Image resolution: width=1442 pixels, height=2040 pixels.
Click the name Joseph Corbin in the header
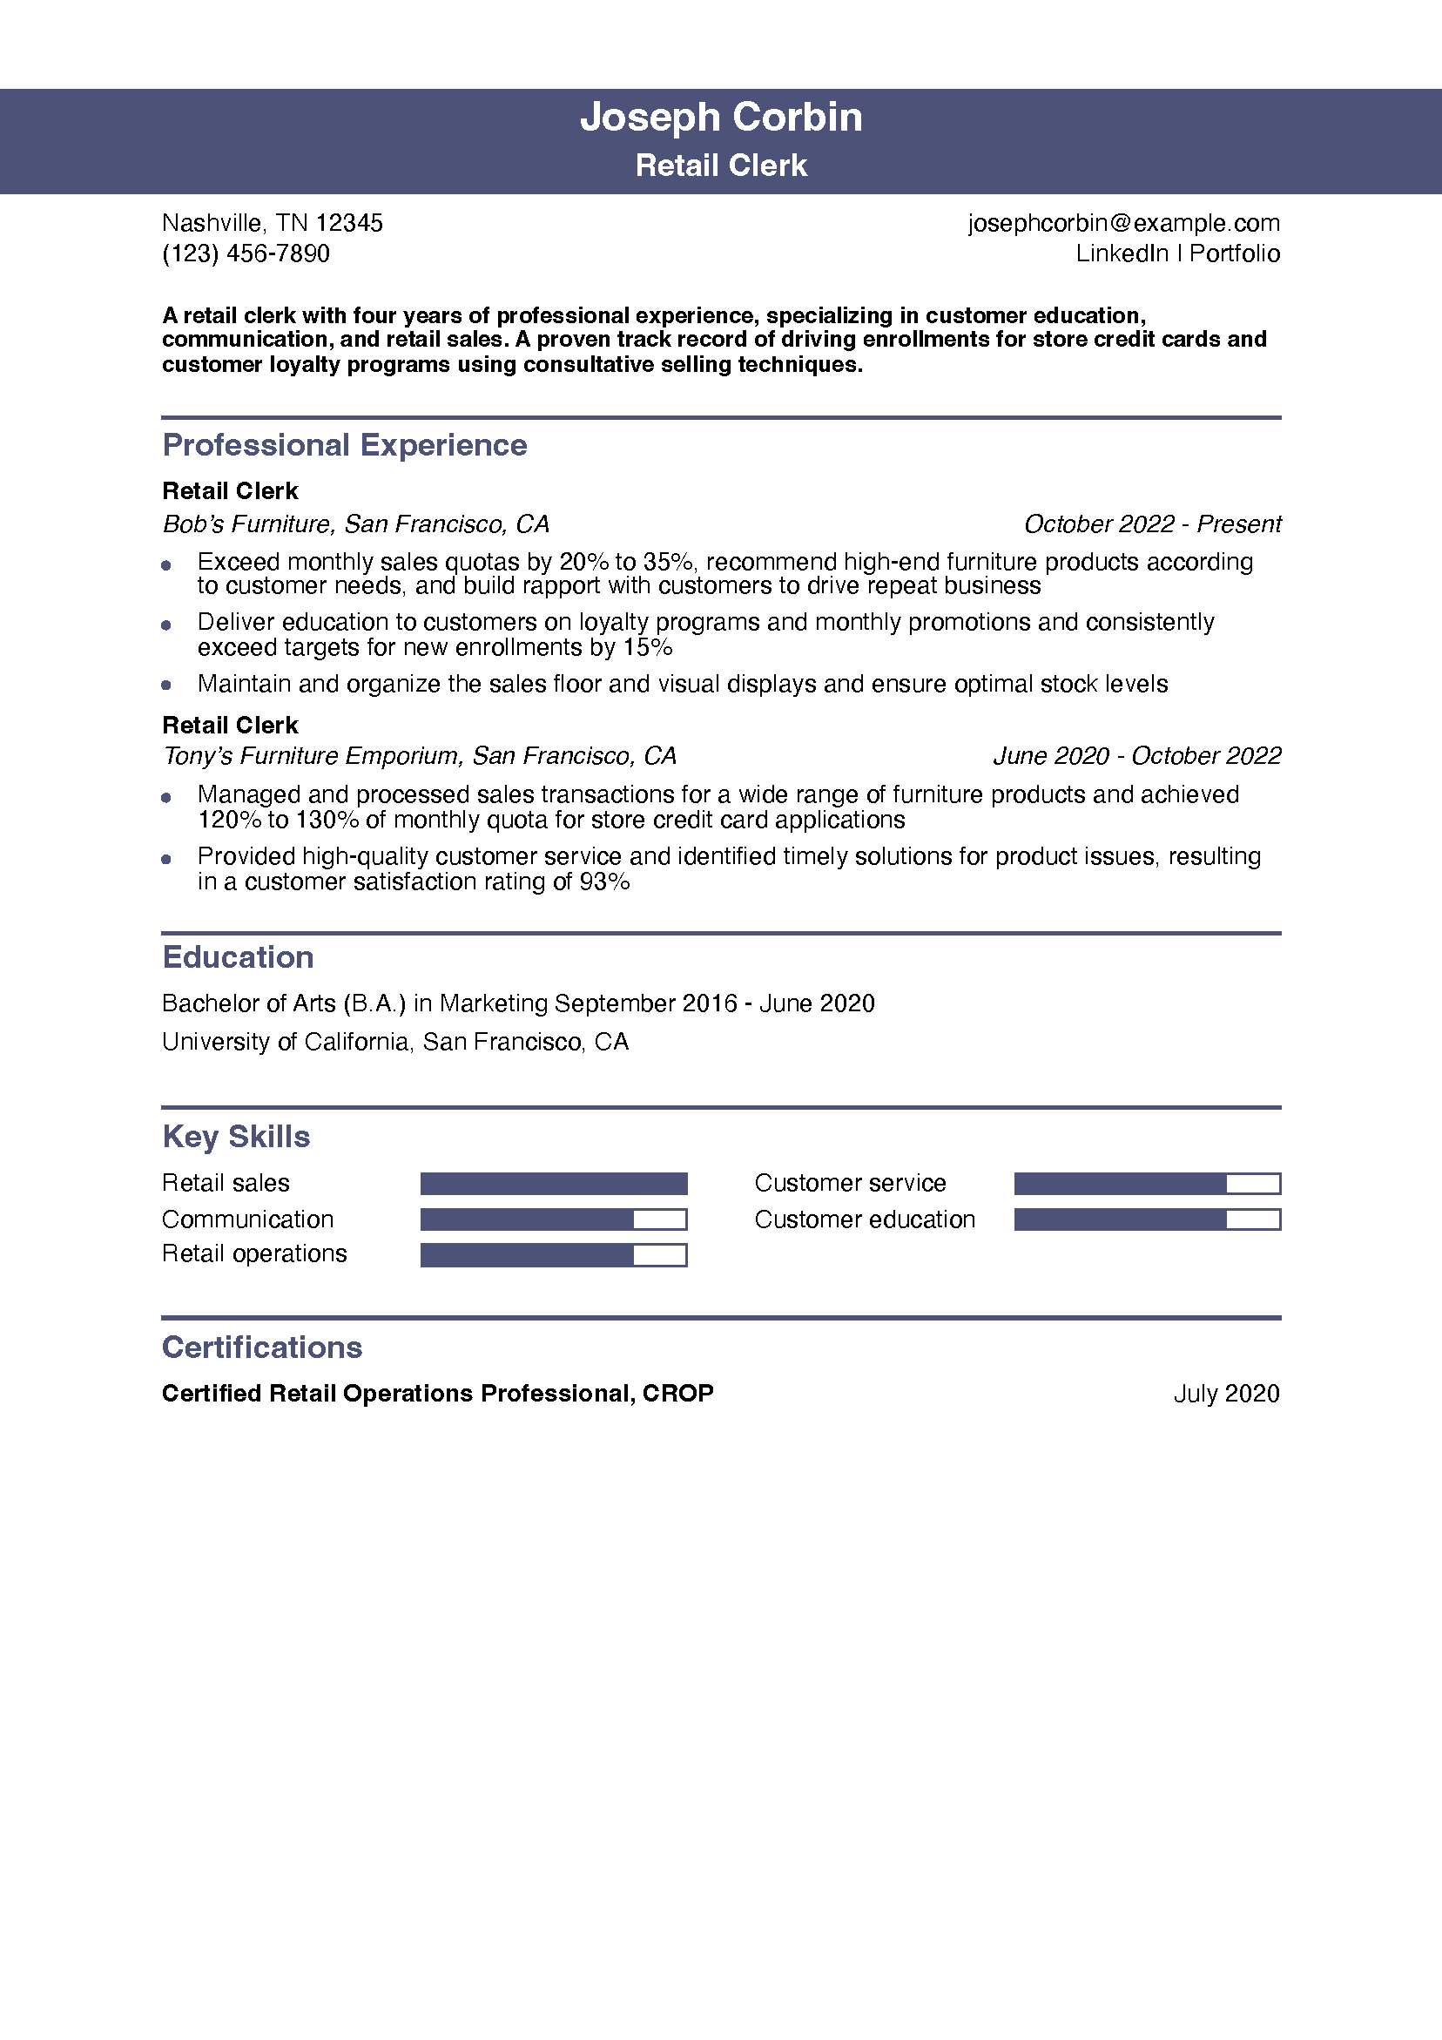720,118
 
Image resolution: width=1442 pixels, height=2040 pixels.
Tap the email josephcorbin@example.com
1123,223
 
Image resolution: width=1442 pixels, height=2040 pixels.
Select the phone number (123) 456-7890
246,254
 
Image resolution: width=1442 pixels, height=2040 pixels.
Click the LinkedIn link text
1122,254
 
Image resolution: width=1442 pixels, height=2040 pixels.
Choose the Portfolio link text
1234,254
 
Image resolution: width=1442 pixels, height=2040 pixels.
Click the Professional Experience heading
345,445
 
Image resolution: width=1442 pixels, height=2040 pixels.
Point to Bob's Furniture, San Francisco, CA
355,524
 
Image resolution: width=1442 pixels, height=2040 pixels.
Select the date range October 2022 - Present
1151,524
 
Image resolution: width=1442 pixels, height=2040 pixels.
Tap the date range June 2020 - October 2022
1136,756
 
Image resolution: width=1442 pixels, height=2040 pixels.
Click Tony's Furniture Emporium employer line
420,756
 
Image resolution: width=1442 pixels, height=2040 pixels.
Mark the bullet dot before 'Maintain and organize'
166,685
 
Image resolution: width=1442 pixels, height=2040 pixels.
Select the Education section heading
238,958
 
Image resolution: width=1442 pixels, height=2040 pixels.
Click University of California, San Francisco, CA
395,1043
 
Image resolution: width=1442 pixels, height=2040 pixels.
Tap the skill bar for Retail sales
554,1184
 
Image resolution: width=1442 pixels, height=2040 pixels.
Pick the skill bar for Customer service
1147,1184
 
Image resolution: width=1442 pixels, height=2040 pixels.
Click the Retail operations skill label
254,1253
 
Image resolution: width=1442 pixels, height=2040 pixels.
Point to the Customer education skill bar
1147,1220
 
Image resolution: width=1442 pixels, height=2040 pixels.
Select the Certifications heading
262,1348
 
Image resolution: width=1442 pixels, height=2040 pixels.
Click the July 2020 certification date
1226,1394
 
